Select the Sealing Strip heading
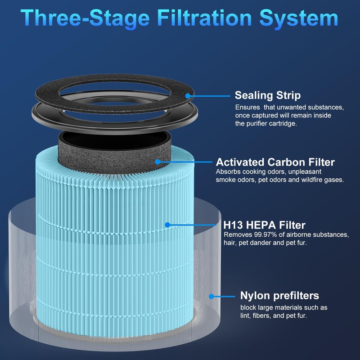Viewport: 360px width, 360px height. click(x=268, y=95)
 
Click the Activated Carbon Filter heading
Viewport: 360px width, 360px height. click(x=275, y=162)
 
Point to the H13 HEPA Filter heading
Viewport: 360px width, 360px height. click(x=264, y=225)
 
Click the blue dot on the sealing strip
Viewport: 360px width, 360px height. click(x=188, y=95)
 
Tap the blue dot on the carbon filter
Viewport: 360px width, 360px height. click(x=157, y=161)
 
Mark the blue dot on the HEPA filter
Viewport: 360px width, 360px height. click(x=167, y=224)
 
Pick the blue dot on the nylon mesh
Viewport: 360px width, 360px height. click(x=211, y=296)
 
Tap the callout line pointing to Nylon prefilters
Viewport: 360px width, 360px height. click(x=223, y=296)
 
